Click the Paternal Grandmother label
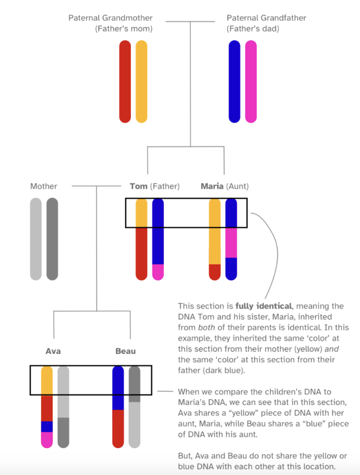(x=110, y=18)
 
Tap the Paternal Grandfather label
(x=266, y=18)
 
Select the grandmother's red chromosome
(x=125, y=82)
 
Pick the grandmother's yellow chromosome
(x=141, y=82)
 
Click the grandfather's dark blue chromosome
(x=234, y=82)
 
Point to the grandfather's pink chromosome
(x=251, y=82)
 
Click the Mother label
(x=44, y=186)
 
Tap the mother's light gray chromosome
(x=36, y=239)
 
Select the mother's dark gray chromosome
(x=52, y=239)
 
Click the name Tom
(x=138, y=186)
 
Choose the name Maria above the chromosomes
(x=212, y=186)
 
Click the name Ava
(x=53, y=351)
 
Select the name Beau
(x=125, y=351)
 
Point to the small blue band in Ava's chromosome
(x=47, y=426)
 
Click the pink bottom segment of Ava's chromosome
(x=47, y=440)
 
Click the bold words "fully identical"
(x=263, y=306)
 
